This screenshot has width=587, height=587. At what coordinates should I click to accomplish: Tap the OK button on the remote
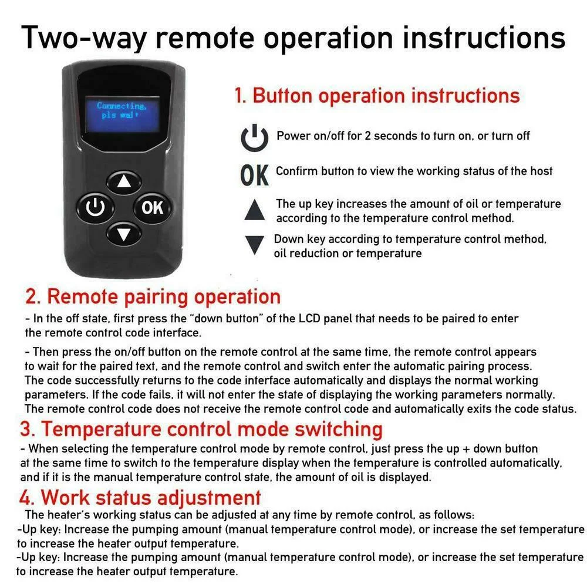153,208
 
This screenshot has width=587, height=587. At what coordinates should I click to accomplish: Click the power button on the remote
95,208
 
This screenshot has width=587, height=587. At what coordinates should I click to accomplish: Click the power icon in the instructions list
255,137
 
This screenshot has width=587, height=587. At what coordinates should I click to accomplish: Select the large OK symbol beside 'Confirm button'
254,174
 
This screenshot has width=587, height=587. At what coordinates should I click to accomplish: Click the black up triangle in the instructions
254,210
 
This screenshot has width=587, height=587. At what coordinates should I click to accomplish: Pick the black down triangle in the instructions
254,245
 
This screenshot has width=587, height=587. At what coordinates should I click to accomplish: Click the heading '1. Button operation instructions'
377,96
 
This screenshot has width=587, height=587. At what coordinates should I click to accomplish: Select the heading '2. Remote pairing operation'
153,296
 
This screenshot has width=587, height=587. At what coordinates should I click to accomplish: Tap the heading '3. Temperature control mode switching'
201,429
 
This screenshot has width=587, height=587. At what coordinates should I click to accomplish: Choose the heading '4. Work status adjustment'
140,498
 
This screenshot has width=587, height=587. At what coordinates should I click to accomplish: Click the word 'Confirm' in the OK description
298,171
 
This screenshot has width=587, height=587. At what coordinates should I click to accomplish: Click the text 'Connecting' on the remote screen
121,106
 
